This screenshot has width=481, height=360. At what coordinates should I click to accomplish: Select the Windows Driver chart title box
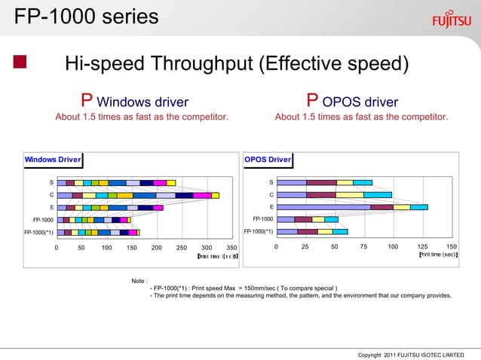click(53, 160)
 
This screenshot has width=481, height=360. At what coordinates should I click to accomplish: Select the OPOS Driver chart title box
click(268, 160)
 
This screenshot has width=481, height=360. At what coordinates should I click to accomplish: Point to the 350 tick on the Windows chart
click(231, 247)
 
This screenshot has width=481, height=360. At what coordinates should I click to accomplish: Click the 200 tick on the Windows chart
click(157, 247)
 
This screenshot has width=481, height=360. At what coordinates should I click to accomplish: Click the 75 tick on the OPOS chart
click(363, 247)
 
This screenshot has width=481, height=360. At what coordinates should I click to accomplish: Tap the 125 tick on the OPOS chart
click(422, 247)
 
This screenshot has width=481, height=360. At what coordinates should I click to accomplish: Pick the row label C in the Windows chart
click(51, 195)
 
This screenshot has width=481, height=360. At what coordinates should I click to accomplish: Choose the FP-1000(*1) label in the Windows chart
click(38, 232)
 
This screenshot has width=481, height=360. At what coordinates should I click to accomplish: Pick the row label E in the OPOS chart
click(271, 207)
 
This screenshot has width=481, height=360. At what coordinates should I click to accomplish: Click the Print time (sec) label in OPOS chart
click(438, 255)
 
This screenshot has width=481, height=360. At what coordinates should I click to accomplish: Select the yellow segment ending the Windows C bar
click(216, 195)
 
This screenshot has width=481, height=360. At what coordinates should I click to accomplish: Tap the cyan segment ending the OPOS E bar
click(419, 207)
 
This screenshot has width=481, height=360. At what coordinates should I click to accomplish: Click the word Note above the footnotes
click(139, 281)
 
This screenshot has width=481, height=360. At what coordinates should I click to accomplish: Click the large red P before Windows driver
click(87, 102)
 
